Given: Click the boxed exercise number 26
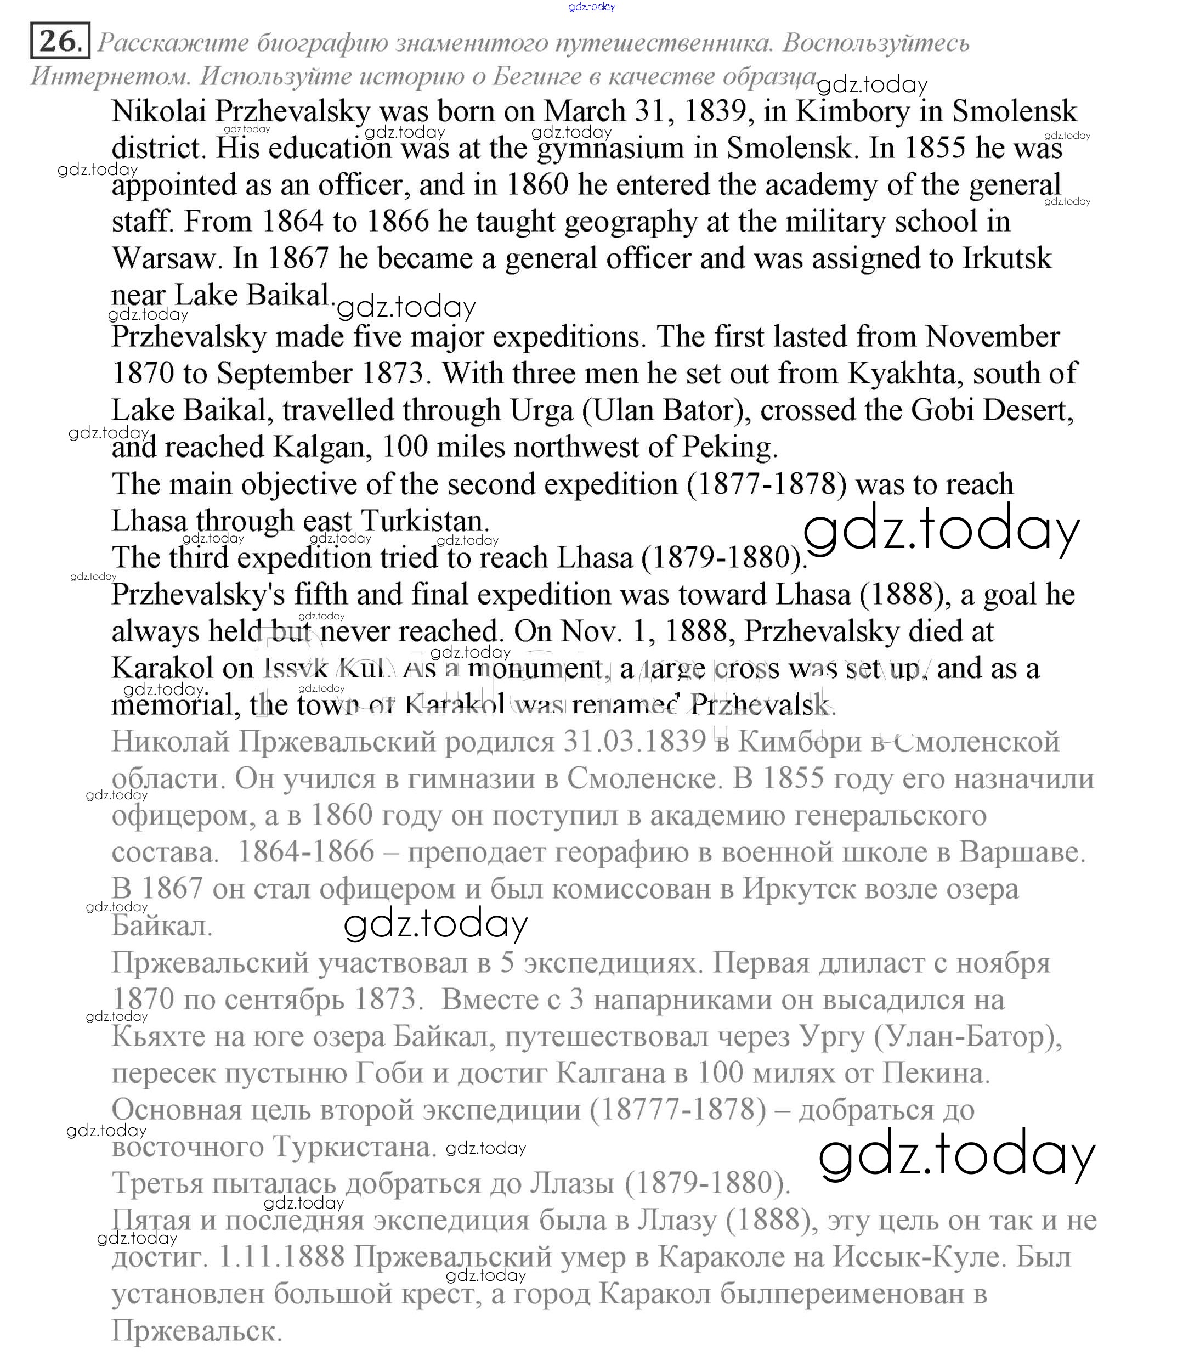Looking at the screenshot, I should click(x=58, y=42).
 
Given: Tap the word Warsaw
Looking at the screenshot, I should click(x=165, y=258).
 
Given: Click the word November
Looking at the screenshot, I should click(x=992, y=337).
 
